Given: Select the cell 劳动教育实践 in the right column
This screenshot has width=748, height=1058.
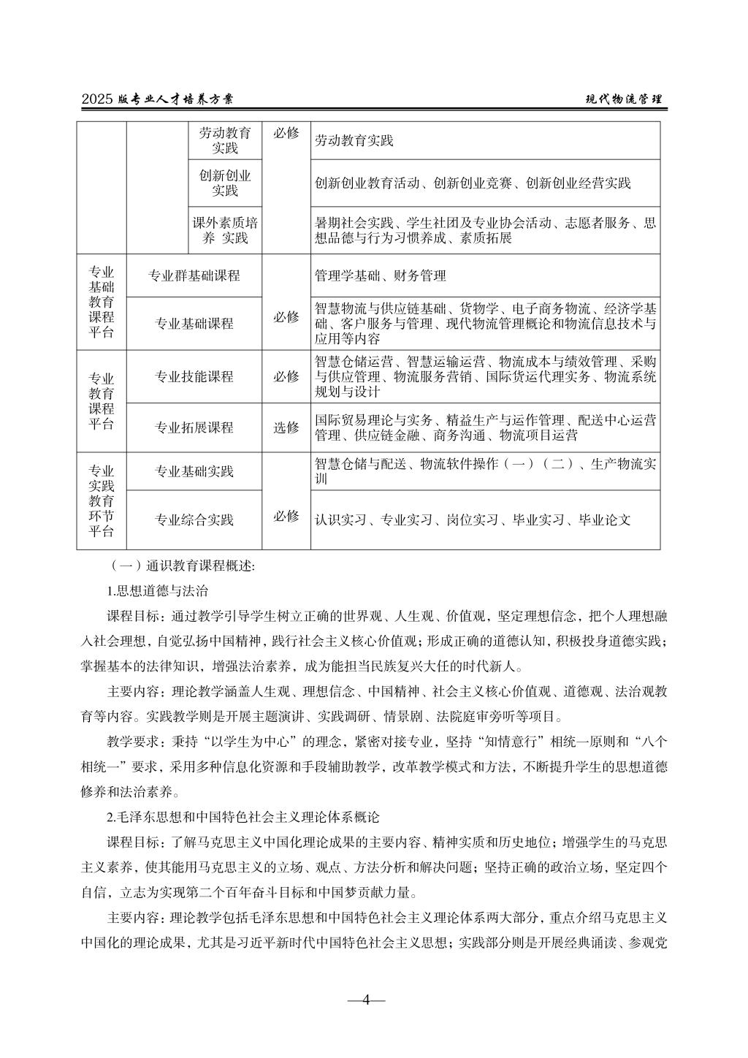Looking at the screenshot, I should tap(485, 140).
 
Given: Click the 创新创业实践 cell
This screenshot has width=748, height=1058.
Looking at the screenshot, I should tap(225, 183).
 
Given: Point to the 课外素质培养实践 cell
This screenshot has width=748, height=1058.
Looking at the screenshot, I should tap(225, 230).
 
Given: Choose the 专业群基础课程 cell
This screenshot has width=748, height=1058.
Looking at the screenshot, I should tap(194, 275).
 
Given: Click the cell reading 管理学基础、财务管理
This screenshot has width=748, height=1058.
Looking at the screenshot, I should tap(485, 275).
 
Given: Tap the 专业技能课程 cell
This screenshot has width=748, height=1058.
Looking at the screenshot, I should tap(194, 376).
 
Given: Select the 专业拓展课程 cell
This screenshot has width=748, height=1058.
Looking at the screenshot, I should tap(194, 427).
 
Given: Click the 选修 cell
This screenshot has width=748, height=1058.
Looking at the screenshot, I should tap(286, 427).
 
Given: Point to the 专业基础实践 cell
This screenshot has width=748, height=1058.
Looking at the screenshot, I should tap(194, 471).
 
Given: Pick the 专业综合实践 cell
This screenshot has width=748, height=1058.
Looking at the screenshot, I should tap(194, 520).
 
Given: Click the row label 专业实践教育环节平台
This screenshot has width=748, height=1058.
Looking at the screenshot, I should tap(102, 501).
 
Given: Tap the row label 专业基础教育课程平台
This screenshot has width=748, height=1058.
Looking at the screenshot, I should tap(102, 301).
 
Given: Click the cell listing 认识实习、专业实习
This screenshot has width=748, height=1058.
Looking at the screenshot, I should tap(485, 520).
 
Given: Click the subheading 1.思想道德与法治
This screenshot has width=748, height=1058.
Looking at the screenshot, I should tap(157, 590).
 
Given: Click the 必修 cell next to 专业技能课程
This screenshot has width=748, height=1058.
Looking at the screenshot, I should tap(286, 376).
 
